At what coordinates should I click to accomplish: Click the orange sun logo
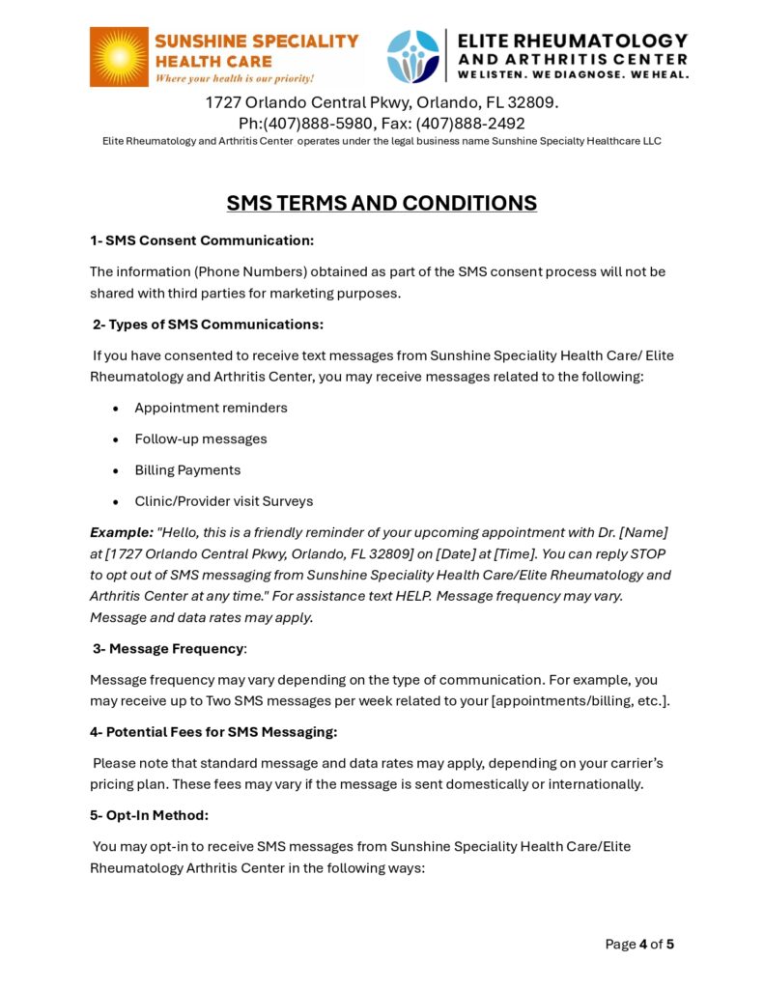tap(119, 57)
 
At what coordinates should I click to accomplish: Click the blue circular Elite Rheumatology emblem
tap(412, 56)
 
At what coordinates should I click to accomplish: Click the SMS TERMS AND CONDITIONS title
tap(382, 203)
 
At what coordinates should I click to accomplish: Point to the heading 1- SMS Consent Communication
tap(202, 240)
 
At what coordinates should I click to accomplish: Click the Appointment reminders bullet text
tap(211, 408)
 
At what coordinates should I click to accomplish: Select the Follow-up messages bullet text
tap(201, 438)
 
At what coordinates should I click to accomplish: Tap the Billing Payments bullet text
tap(187, 470)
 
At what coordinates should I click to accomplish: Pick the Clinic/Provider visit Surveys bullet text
tap(223, 501)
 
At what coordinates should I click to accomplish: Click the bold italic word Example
tap(121, 532)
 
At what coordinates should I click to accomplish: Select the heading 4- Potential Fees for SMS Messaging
tap(213, 732)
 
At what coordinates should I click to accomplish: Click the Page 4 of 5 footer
tap(639, 944)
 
